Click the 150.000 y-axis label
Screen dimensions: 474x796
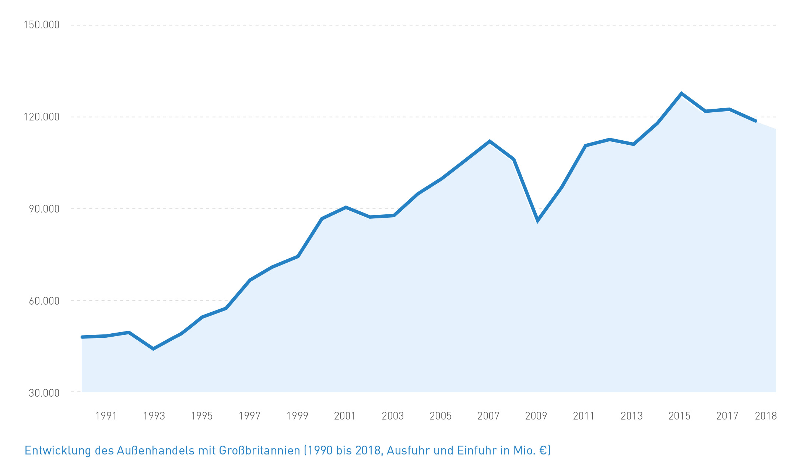tap(41, 25)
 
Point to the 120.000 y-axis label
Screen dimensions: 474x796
tap(41, 117)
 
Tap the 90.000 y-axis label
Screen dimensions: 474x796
tap(44, 209)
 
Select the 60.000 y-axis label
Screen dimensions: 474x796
tap(44, 301)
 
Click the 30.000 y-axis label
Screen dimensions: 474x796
tap(44, 393)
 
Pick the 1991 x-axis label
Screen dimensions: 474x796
tap(106, 416)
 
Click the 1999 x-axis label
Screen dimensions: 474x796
tap(297, 416)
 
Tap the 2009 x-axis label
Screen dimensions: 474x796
tap(536, 416)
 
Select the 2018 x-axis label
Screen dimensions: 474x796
tap(766, 416)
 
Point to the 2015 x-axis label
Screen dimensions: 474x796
tap(679, 416)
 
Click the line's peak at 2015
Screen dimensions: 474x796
tap(681, 94)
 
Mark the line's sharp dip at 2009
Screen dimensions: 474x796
tap(538, 221)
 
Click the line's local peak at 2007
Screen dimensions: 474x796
tap(490, 141)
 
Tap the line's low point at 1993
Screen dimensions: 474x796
tap(153, 348)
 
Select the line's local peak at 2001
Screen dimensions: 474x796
tap(346, 207)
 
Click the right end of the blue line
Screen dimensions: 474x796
tap(755, 121)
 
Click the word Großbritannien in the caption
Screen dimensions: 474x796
tap(260, 450)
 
